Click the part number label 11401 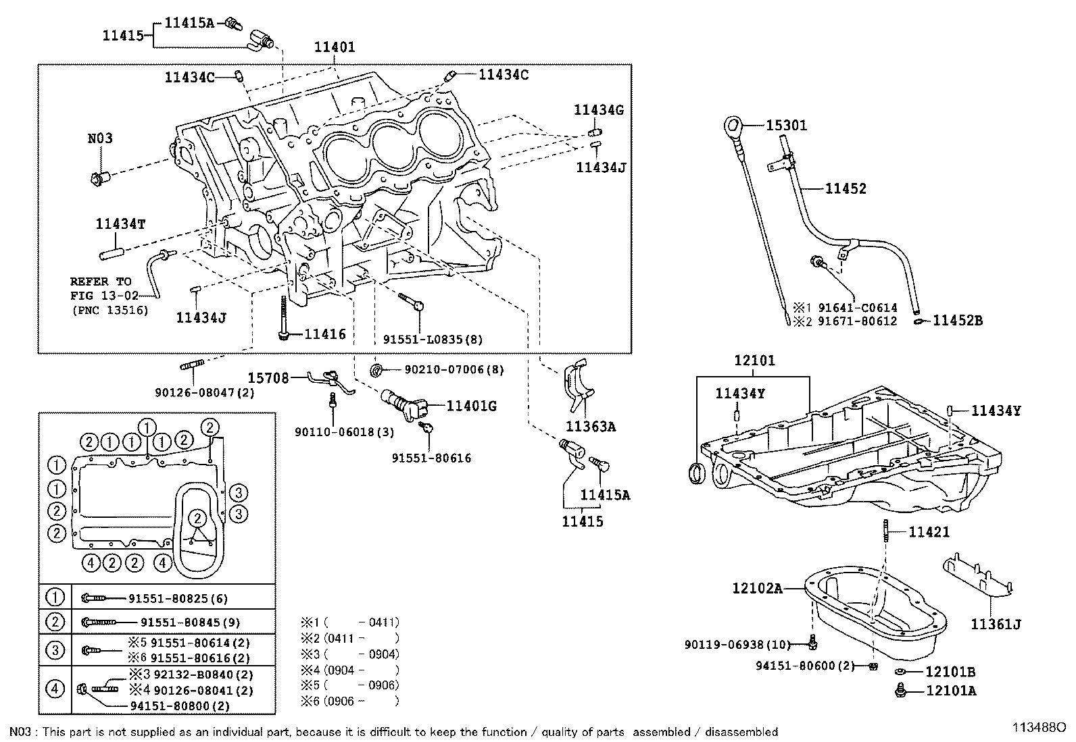[x=335, y=47]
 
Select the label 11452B [x=957, y=321]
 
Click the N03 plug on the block [x=100, y=178]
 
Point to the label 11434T [x=120, y=223]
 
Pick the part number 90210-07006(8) [x=454, y=369]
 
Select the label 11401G [x=471, y=406]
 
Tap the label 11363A [x=590, y=426]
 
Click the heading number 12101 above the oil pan [x=755, y=360]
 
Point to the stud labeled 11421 [x=886, y=531]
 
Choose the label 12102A [x=757, y=588]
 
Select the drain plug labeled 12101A [x=901, y=690]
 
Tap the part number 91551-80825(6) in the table [x=178, y=598]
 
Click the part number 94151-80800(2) [x=180, y=706]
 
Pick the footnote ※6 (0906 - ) [x=349, y=701]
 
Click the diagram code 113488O [x=1039, y=728]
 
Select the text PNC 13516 [x=110, y=310]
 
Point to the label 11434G [x=599, y=110]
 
